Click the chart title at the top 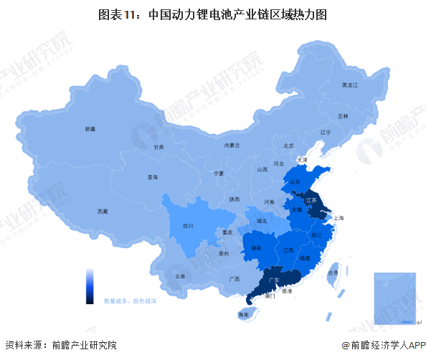pos(213,14)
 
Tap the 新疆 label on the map pos(89,129)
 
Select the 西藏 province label pos(103,212)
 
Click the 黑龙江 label pos(349,85)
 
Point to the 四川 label pos(188,226)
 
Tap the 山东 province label pos(295,183)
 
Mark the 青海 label pos(151,176)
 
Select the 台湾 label pos(332,273)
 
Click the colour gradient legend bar pos(90,286)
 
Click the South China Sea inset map pos(394,296)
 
